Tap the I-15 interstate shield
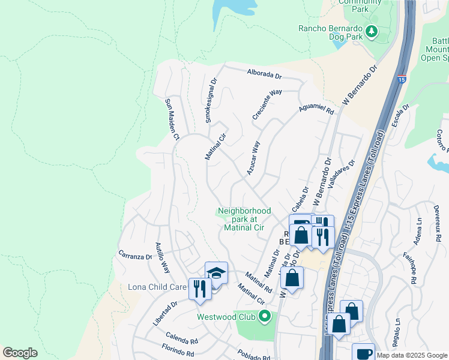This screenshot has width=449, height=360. click(400, 79)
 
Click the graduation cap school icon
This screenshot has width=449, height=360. click(216, 274)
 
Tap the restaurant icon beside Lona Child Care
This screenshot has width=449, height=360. click(200, 289)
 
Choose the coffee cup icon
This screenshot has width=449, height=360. click(363, 353)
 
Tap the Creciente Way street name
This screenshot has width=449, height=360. click(267, 104)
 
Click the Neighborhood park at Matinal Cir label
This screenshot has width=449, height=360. click(244, 219)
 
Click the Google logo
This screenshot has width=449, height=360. click(20, 353)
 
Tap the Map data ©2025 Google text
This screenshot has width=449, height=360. click(412, 355)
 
